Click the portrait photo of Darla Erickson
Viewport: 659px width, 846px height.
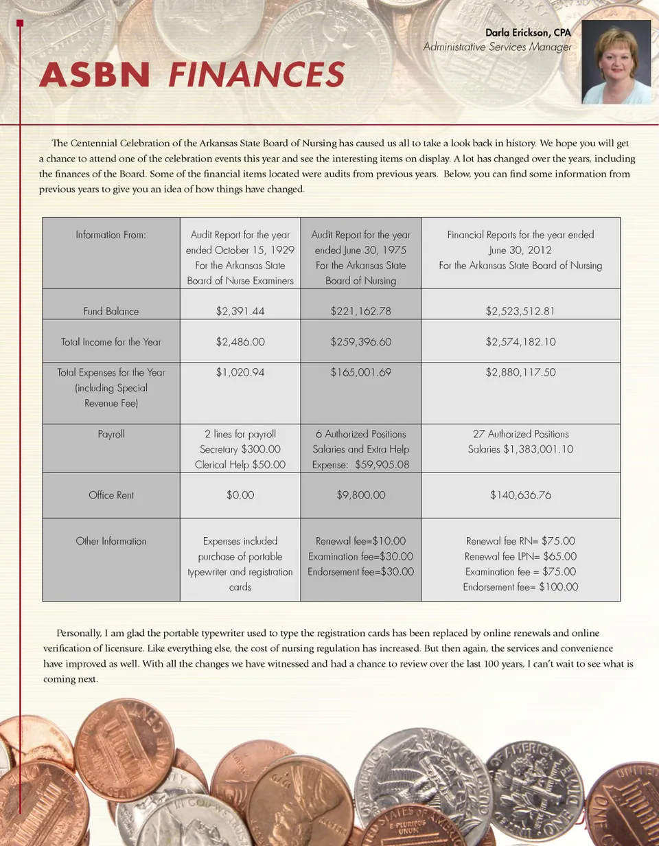(x=616, y=62)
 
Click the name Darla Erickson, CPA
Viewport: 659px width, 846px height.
(x=528, y=33)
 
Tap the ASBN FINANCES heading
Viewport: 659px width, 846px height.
(x=192, y=75)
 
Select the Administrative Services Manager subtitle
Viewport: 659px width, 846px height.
(x=497, y=47)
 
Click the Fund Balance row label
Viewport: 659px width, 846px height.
(x=111, y=311)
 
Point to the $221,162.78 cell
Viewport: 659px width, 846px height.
(x=360, y=311)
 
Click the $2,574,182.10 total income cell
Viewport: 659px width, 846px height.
(x=520, y=341)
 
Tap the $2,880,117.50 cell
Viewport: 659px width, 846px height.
(x=520, y=372)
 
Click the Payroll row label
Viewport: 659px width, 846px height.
(x=111, y=434)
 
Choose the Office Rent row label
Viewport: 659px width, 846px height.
(x=111, y=494)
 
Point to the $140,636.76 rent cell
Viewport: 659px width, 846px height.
(x=520, y=494)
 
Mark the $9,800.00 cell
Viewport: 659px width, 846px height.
(x=360, y=494)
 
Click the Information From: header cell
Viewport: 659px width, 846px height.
(x=111, y=235)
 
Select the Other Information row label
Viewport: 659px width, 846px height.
(x=111, y=541)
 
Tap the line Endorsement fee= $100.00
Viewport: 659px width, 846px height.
(x=520, y=587)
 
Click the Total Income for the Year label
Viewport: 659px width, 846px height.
(x=111, y=341)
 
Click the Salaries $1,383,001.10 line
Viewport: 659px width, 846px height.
(x=520, y=450)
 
